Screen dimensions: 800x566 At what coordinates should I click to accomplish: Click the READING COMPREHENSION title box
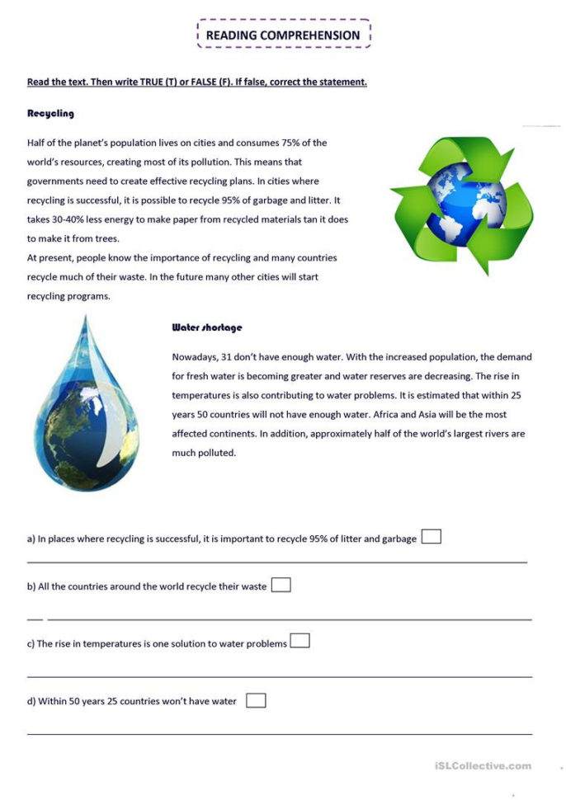point(283,35)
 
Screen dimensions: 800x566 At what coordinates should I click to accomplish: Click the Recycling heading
point(50,113)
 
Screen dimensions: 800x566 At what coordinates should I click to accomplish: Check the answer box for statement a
point(431,537)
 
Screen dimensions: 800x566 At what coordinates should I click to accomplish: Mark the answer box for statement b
point(281,585)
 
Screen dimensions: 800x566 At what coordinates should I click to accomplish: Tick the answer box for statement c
point(300,641)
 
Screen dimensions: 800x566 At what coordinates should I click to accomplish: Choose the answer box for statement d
point(256,700)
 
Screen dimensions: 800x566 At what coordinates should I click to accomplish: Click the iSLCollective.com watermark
point(483,766)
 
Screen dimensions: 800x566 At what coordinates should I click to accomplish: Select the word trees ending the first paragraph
point(106,238)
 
